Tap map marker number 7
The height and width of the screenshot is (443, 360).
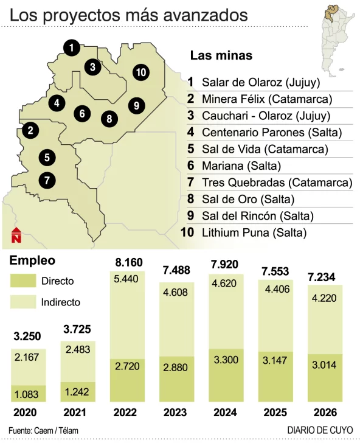[47, 180]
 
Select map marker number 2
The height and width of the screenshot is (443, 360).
[29, 129]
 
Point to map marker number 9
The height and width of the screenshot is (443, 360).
[136, 105]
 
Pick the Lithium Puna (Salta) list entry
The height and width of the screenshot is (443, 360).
[254, 232]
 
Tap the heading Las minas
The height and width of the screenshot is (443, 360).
[221, 55]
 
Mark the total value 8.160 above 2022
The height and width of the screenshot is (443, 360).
[129, 263]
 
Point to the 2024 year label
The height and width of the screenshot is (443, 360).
[224, 412]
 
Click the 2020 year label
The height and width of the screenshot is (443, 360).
[29, 412]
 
